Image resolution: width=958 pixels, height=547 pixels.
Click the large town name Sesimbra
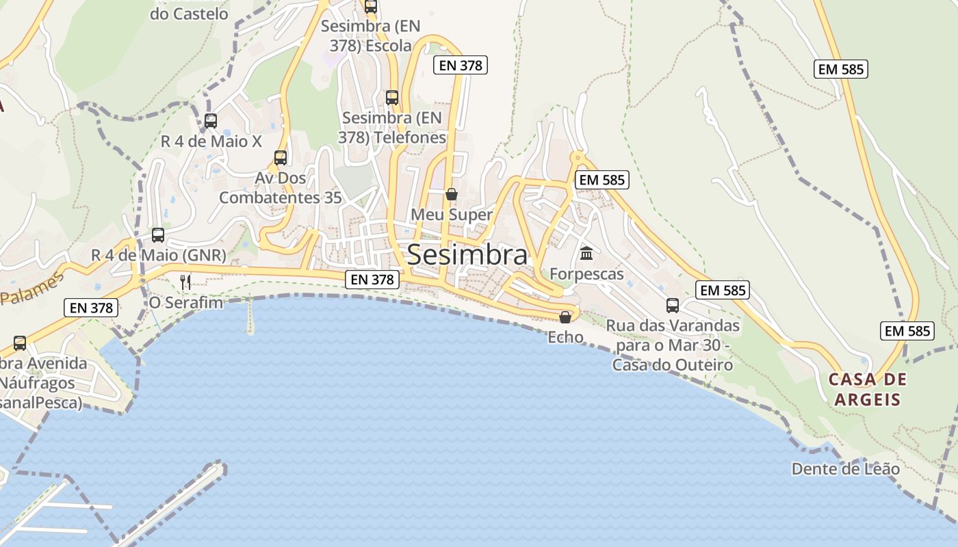(467, 255)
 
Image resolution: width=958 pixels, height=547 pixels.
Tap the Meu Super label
(452, 215)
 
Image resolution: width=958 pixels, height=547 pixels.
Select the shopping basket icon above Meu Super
(452, 194)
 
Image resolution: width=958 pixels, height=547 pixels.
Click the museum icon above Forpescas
(586, 254)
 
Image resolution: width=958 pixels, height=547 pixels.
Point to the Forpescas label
(587, 274)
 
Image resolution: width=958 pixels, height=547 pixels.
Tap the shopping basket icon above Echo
(565, 317)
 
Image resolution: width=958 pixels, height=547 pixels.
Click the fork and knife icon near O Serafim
(185, 281)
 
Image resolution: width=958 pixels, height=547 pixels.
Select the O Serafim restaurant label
(186, 302)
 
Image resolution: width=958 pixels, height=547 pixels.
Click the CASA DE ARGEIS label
(867, 389)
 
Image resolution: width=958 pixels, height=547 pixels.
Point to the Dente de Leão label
(846, 469)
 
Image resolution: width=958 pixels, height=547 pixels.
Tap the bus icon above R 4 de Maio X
(211, 121)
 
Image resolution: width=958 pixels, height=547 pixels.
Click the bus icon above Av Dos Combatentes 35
(280, 158)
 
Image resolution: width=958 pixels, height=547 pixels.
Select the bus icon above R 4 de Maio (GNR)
(158, 235)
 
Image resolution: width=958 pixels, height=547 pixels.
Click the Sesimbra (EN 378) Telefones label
(392, 127)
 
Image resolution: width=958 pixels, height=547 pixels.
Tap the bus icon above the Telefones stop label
(392, 97)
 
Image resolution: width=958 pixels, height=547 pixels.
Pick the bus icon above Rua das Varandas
(673, 305)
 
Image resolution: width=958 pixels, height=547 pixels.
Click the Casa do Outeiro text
(673, 365)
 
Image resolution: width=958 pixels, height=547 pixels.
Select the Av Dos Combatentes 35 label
(280, 188)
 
